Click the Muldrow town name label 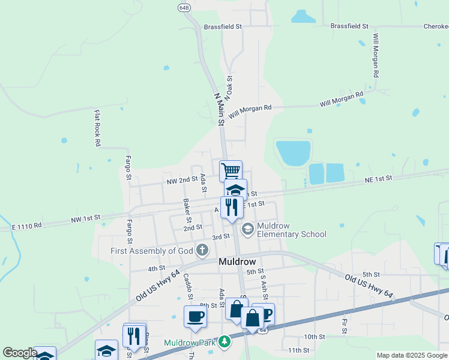(238, 262)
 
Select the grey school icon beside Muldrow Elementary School (247, 229)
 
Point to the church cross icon (203, 250)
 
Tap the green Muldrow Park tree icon (224, 341)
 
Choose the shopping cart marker (231, 170)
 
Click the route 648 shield (184, 7)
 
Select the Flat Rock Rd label (97, 128)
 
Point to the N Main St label (219, 109)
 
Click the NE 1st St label (378, 178)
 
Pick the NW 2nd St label (182, 180)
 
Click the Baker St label (186, 208)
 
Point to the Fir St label (345, 326)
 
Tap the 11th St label (298, 350)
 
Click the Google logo (19, 353)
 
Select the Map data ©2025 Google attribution (412, 355)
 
